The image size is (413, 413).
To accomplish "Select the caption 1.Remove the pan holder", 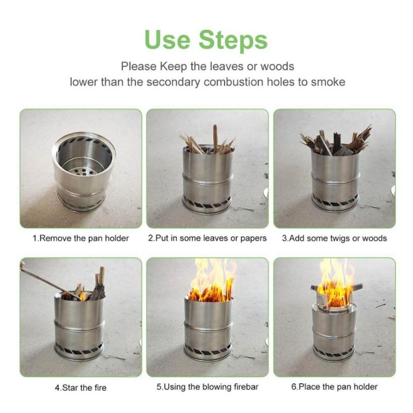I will [81, 238].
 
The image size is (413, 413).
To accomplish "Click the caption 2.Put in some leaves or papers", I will [207, 238].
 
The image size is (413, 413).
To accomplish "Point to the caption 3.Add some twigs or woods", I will [334, 238].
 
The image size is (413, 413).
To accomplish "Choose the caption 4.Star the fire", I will [81, 388].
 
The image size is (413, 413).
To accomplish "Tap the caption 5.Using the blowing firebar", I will [207, 387].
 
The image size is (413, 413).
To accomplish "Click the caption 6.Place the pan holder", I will [334, 387].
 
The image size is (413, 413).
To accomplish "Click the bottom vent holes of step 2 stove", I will [207, 203].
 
